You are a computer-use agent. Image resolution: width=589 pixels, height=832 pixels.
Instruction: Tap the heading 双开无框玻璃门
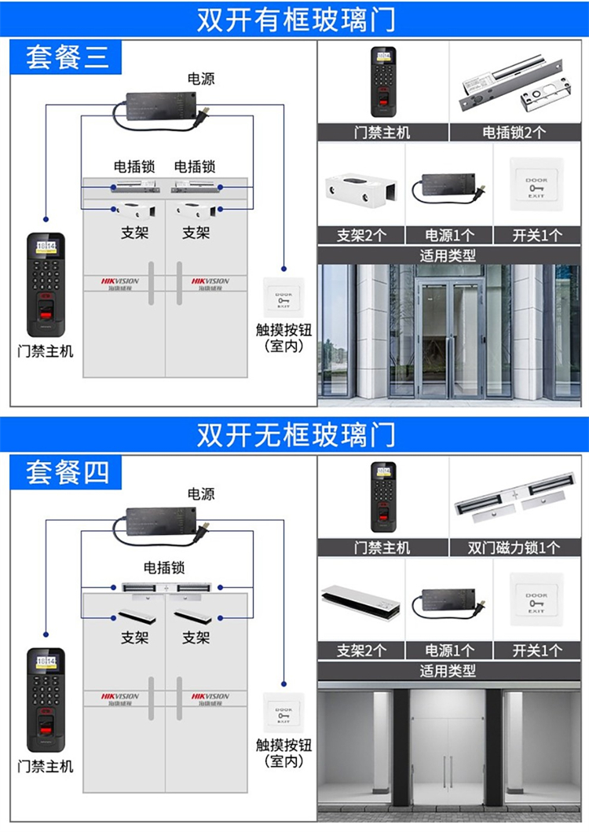tap(295, 434)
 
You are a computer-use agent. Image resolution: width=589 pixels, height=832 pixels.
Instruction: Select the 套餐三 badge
tap(66, 57)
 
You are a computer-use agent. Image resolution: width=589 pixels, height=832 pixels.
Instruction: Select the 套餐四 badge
tap(66, 473)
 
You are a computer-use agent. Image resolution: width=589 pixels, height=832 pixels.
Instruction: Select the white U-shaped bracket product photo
tap(361, 189)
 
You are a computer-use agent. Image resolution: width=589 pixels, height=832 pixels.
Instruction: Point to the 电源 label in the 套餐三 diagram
tap(200, 79)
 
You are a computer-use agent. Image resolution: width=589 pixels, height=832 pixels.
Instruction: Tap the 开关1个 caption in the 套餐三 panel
tap(537, 235)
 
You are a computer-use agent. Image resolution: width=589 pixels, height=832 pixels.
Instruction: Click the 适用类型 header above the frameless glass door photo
tap(448, 670)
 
